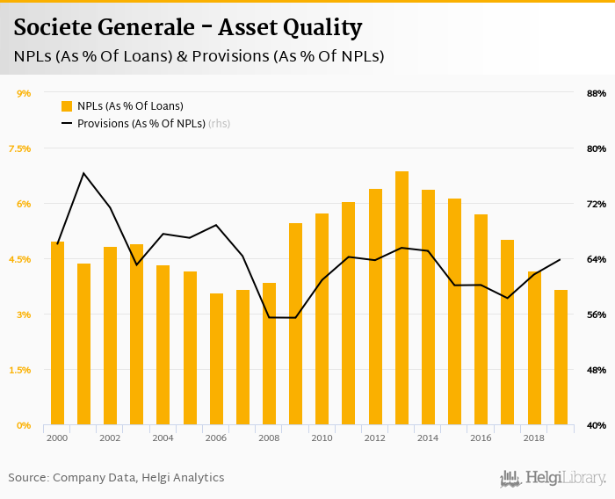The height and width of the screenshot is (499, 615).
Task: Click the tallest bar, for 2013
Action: pyautogui.click(x=402, y=299)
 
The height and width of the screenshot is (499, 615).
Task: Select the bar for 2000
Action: pyautogui.click(x=57, y=334)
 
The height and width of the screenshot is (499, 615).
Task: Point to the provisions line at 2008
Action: pyautogui.click(x=269, y=317)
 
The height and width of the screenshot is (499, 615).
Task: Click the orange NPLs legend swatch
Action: pyautogui.click(x=66, y=106)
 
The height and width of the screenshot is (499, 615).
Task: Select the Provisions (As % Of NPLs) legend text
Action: pyautogui.click(x=141, y=124)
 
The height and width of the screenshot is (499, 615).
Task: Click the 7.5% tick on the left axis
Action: pyautogui.click(x=19, y=148)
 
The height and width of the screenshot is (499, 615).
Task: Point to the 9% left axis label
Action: pyautogui.click(x=24, y=93)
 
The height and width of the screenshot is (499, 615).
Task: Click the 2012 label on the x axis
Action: pyautogui.click(x=374, y=438)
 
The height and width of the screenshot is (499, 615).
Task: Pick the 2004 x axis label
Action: pyautogui.click(x=163, y=438)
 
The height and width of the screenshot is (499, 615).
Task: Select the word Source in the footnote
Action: pyautogui.click(x=28, y=478)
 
